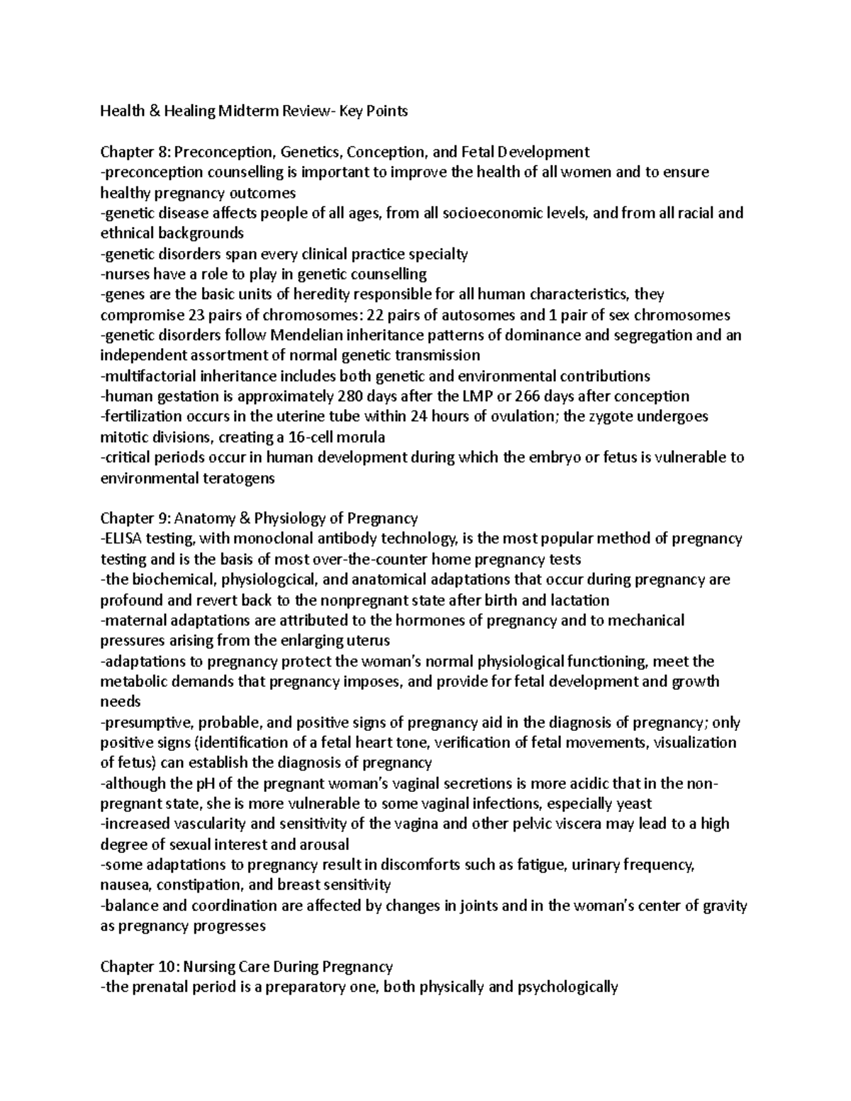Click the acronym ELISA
tap(125, 539)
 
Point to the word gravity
tap(721, 906)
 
